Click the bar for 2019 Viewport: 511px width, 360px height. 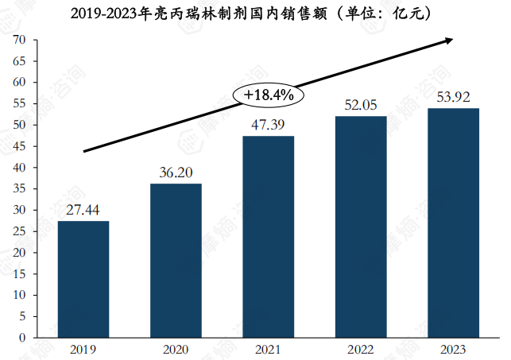[83, 279]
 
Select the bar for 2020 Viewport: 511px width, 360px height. [176, 261]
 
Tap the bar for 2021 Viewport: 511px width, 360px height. [268, 237]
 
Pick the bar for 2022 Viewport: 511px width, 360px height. [361, 226]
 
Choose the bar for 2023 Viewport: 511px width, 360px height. [453, 223]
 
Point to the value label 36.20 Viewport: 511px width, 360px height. [176, 172]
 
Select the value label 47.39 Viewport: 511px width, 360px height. [268, 125]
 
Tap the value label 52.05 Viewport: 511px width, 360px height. [361, 105]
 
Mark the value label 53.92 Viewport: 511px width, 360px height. [453, 97]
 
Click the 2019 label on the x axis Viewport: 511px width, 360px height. [83, 350]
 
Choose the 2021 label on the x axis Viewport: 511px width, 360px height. [268, 350]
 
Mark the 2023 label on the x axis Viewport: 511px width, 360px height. [453, 350]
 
